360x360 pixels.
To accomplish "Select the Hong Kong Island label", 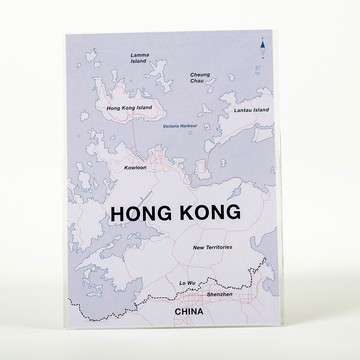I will (135, 105).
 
